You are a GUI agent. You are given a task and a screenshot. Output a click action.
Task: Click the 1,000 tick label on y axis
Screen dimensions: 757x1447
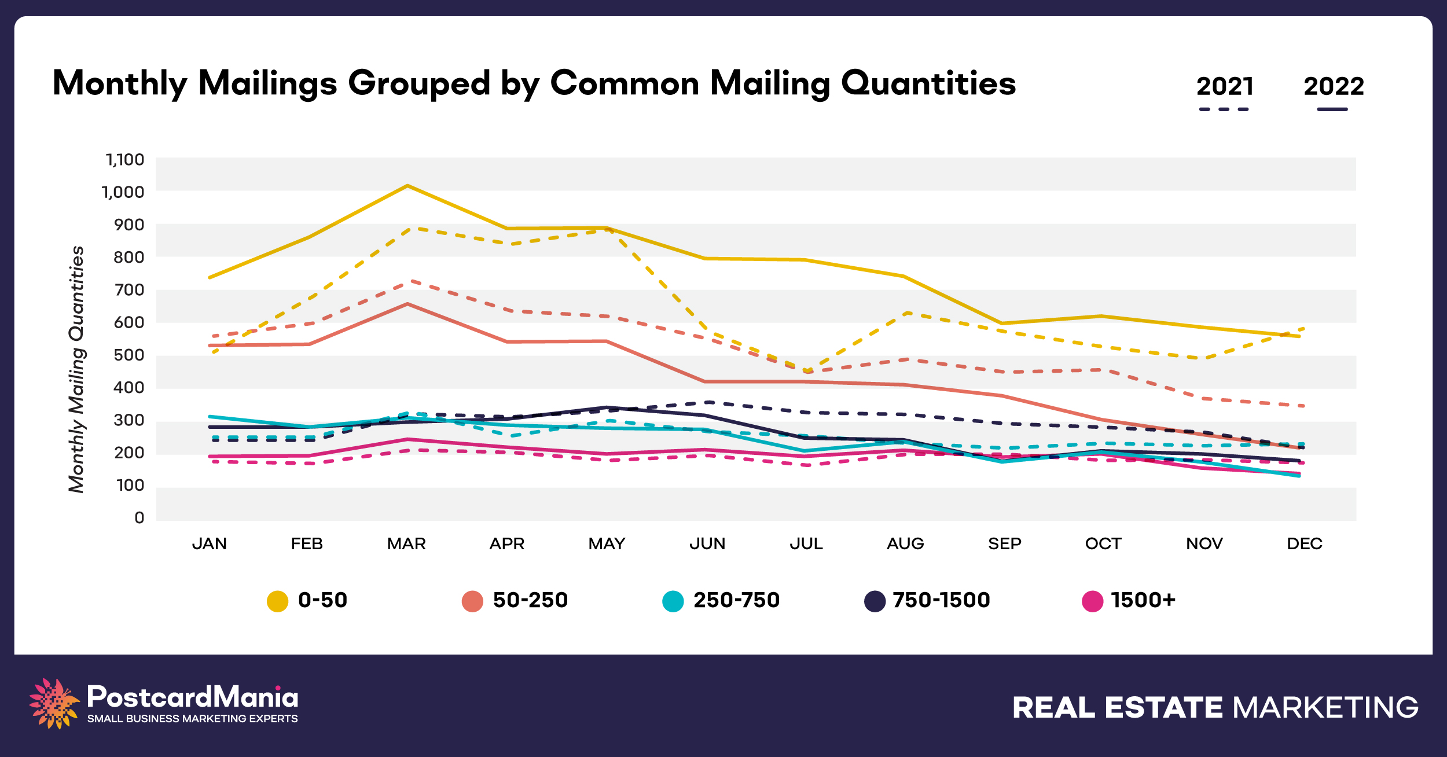point(123,192)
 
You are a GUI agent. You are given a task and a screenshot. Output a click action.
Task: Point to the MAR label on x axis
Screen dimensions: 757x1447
point(406,544)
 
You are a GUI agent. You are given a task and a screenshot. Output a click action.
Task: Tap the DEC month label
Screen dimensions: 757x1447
point(1304,544)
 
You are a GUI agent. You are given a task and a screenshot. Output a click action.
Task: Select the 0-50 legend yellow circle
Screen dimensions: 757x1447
point(277,601)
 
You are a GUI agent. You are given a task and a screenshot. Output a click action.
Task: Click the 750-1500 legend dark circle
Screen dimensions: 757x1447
point(875,601)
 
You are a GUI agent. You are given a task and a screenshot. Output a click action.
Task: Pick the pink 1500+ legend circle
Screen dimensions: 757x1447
point(1092,601)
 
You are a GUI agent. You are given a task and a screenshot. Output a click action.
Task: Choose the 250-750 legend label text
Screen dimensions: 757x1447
point(736,600)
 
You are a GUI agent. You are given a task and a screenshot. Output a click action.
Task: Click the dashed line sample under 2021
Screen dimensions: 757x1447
point(1224,109)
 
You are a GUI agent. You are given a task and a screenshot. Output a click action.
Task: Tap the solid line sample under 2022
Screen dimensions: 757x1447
point(1332,109)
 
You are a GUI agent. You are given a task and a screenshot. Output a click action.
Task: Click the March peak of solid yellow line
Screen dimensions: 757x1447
point(407,186)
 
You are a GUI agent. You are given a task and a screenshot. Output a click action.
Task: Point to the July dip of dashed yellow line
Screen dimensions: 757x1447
point(806,370)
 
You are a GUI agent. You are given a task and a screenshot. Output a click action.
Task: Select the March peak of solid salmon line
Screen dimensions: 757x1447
point(407,304)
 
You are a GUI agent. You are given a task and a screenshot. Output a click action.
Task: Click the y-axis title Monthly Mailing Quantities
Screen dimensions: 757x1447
point(76,369)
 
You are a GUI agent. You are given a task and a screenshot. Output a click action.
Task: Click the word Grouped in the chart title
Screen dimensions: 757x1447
point(419,83)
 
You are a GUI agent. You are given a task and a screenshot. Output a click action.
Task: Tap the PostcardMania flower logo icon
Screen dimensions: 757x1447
point(53,703)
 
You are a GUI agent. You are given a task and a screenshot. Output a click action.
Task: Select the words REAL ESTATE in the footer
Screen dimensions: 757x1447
point(1117,708)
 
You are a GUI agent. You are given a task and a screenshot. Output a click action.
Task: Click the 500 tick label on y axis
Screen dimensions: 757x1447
point(128,355)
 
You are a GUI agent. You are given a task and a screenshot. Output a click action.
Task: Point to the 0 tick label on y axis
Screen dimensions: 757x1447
point(139,518)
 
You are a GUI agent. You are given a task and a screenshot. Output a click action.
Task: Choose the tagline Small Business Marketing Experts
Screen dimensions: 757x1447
point(192,719)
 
